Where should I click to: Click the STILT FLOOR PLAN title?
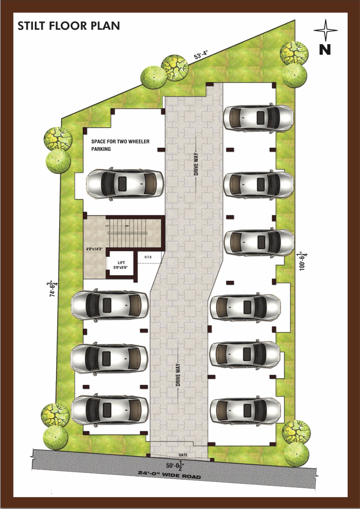[x=69, y=26]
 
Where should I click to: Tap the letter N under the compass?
[x=325, y=49]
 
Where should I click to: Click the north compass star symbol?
[x=325, y=30]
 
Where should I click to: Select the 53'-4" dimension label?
[x=201, y=55]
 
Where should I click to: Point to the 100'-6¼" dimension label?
[x=303, y=261]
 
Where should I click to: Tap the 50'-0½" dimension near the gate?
[x=175, y=465]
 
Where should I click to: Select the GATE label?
[x=183, y=455]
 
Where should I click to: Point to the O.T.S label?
[x=148, y=257]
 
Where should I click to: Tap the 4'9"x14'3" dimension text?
[x=94, y=249]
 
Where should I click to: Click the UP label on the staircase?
[x=107, y=226]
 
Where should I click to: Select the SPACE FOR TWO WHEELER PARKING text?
[x=121, y=145]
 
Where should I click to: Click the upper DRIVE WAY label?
[x=196, y=164]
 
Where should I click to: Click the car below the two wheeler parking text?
[x=125, y=184]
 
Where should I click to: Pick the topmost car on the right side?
[x=259, y=118]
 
